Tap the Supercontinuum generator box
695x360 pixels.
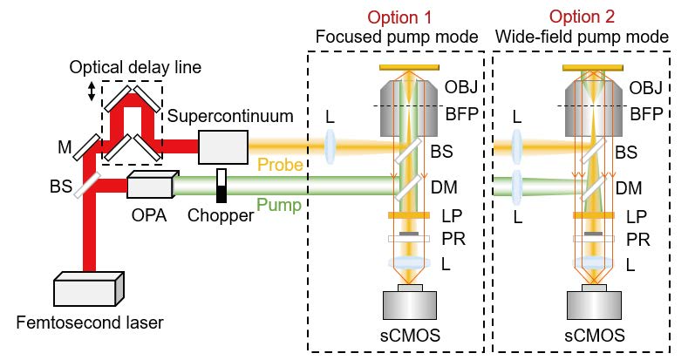[222, 146]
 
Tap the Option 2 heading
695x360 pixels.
[582, 17]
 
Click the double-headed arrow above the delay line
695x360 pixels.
[92, 90]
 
